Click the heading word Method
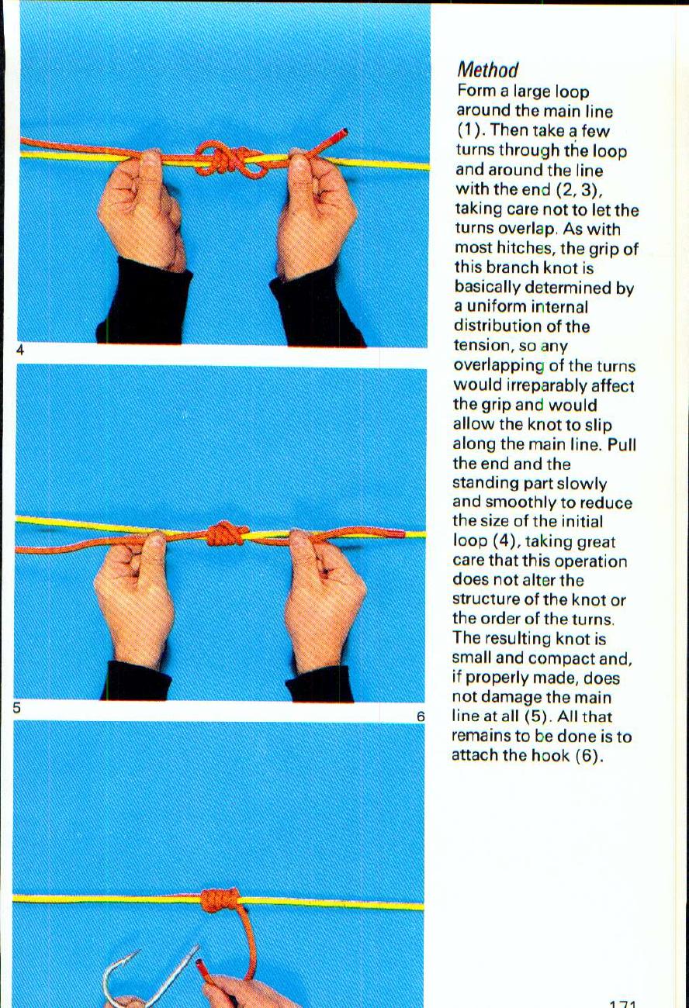point(486,71)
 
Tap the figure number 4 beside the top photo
point(20,350)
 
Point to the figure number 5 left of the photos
point(16,707)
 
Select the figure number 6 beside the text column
point(421,717)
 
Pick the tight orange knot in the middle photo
point(226,533)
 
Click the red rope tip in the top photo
point(340,136)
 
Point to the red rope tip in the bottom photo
point(203,967)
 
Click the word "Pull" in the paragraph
point(621,444)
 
